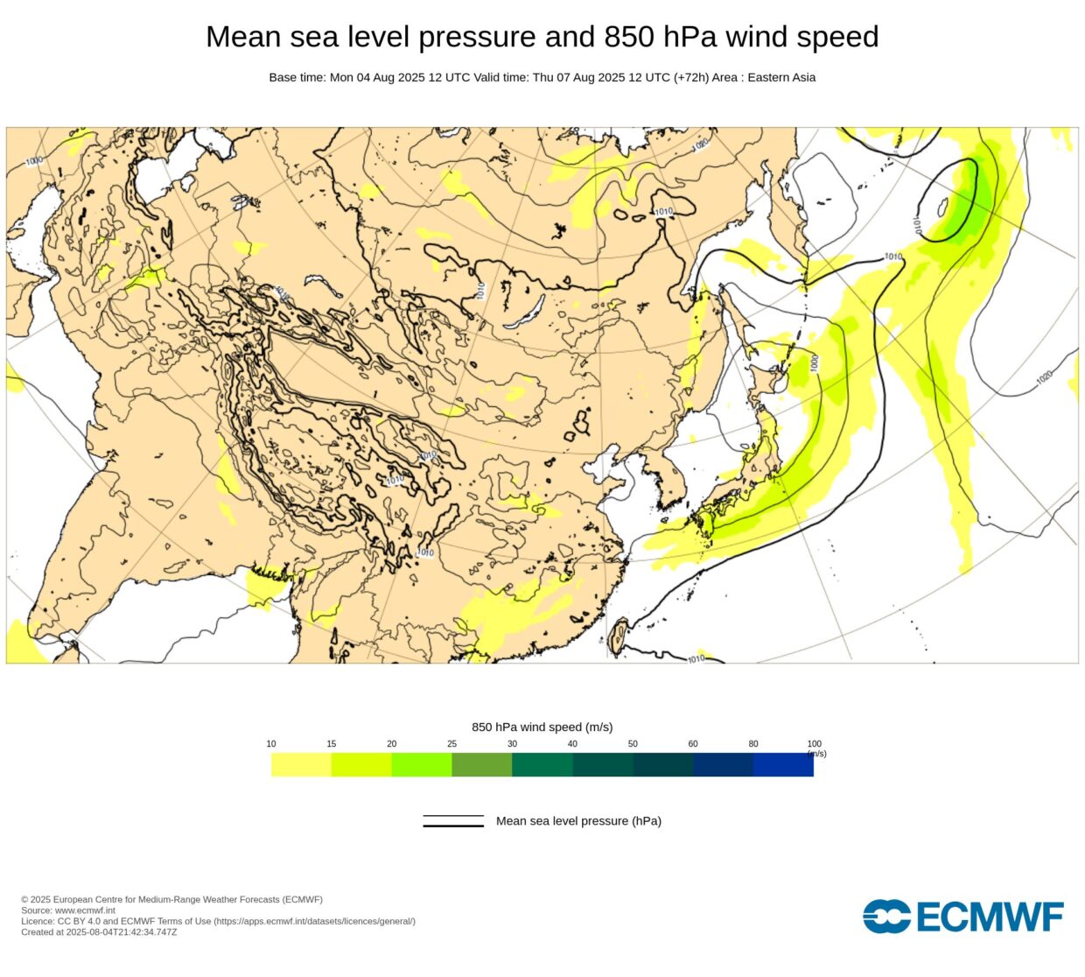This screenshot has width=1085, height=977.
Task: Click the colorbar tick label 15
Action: pyautogui.click(x=332, y=744)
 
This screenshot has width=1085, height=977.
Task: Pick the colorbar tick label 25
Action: pyautogui.click(x=451, y=744)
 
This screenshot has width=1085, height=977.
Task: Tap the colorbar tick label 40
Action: pyautogui.click(x=572, y=744)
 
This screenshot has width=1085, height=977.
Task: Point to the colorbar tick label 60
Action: pyautogui.click(x=693, y=744)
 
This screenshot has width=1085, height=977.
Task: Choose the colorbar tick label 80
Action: pyautogui.click(x=753, y=744)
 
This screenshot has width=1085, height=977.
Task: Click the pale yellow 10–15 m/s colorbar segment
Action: pyautogui.click(x=301, y=765)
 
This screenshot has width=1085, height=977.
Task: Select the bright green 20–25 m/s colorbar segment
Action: pyautogui.click(x=422, y=765)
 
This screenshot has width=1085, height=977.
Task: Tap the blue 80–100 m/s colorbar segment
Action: pyautogui.click(x=783, y=765)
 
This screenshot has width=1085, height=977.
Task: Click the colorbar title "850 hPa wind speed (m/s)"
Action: pyautogui.click(x=542, y=727)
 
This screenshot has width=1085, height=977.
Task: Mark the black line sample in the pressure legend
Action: pyautogui.click(x=453, y=821)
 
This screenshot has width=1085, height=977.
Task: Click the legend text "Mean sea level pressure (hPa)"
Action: pyautogui.click(x=578, y=821)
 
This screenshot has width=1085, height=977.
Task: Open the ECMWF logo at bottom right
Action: pyautogui.click(x=963, y=917)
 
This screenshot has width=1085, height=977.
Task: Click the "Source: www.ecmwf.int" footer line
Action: pyautogui.click(x=68, y=910)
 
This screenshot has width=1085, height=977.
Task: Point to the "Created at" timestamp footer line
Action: pyautogui.click(x=99, y=932)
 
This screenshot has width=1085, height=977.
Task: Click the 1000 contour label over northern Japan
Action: pyautogui.click(x=815, y=362)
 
